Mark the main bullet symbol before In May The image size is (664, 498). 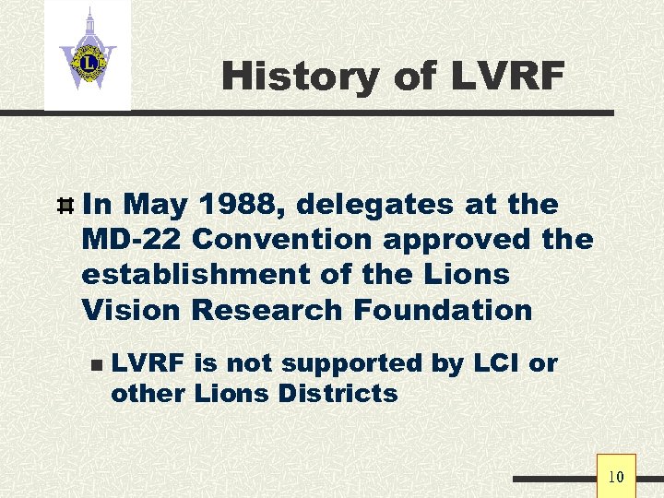[65, 205]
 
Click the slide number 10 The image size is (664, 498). [616, 477]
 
